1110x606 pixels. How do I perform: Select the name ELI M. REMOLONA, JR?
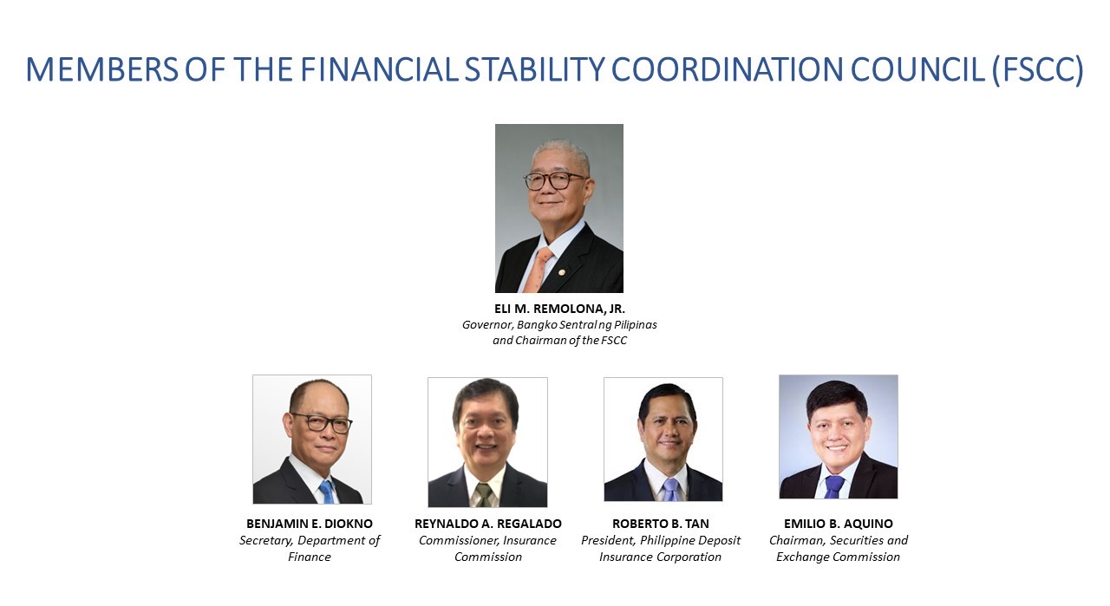559,309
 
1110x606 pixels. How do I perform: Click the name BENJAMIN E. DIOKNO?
310,524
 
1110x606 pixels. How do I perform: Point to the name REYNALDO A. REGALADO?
488,524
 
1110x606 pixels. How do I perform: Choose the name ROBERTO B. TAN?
661,524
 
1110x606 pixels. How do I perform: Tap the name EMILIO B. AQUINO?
839,524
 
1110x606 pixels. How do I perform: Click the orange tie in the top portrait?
539,270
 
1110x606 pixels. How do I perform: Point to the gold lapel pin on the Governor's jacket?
561,272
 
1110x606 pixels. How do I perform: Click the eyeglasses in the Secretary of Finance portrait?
322,423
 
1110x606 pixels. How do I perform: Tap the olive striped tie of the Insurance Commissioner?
484,494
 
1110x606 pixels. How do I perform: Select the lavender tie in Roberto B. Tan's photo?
670,490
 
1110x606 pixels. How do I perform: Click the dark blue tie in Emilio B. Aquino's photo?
834,486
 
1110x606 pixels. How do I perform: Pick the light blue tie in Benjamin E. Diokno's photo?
327,492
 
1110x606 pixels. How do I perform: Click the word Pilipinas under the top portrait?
636,325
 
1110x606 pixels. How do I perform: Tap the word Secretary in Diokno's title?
265,541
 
